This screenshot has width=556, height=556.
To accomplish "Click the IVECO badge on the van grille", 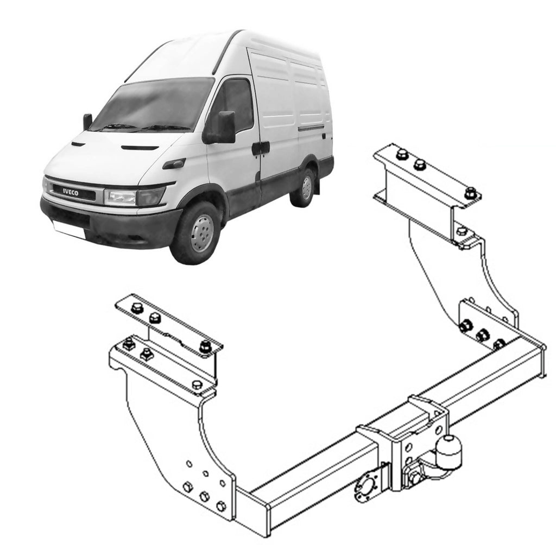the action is coord(71,193).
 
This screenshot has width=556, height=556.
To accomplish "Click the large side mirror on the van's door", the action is coord(226,127).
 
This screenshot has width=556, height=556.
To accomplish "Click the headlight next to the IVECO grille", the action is coord(135,197).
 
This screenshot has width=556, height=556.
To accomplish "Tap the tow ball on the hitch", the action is coord(450,450).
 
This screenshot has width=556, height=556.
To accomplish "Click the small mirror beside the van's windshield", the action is coord(87,122).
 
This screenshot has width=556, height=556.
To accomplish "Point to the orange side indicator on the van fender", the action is coord(174,164).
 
